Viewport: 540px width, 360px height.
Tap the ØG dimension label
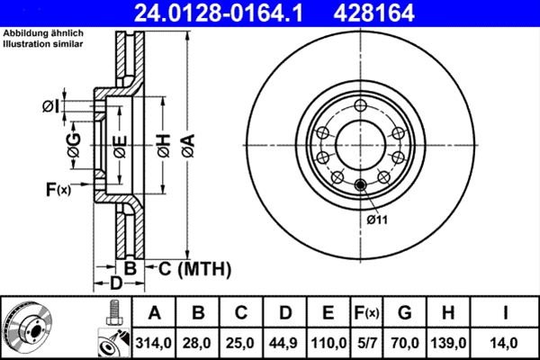click(x=75, y=144)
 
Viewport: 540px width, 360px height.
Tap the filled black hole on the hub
click(x=362, y=186)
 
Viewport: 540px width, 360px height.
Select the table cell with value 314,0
click(x=154, y=343)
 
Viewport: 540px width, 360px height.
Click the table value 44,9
click(x=285, y=343)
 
